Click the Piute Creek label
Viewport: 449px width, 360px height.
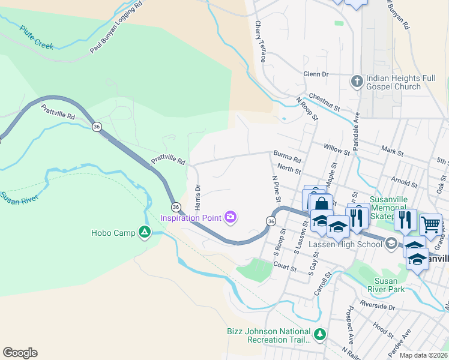37,37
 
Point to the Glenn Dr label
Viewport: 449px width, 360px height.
316,74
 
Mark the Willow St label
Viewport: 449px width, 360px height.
336,148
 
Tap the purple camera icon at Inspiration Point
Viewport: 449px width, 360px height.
231,217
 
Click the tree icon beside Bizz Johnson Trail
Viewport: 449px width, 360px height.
321,333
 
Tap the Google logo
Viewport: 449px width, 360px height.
20,353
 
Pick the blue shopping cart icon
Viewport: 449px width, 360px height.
430,224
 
